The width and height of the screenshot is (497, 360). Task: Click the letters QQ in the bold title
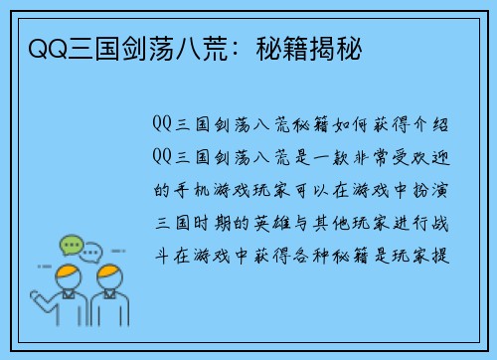point(37,48)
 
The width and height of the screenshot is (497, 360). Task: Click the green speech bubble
point(71,244)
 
